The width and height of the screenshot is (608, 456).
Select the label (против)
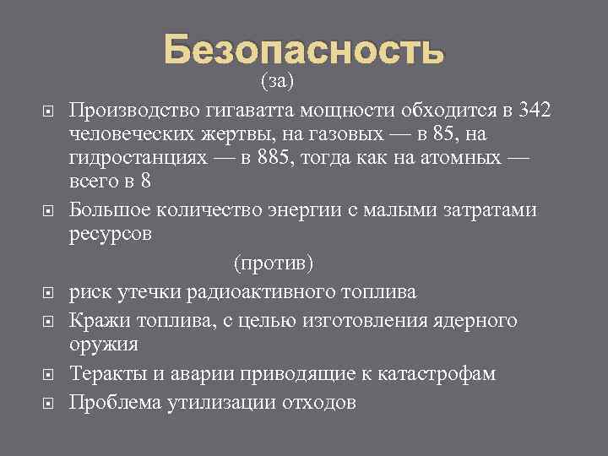(272, 263)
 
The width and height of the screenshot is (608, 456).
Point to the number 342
(535, 111)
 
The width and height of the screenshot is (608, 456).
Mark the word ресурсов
(110, 234)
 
